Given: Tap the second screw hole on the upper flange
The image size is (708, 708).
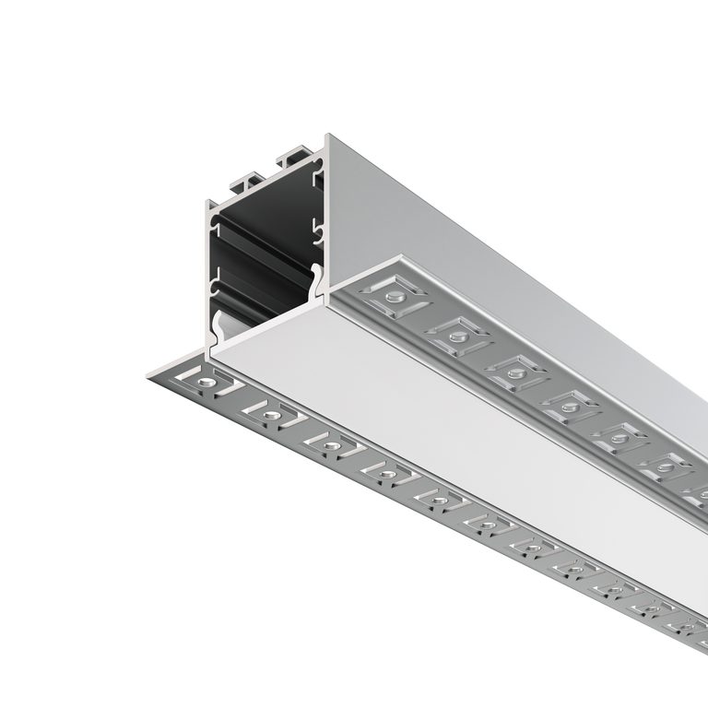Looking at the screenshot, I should pyautogui.click(x=455, y=334).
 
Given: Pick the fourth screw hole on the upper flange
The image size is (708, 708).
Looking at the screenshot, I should pyautogui.click(x=569, y=403).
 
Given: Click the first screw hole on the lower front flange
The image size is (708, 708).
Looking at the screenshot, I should pyautogui.click(x=205, y=379).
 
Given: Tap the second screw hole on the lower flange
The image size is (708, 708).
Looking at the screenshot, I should pyautogui.click(x=269, y=414).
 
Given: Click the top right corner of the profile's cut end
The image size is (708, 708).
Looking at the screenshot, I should pyautogui.click(x=327, y=138).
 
